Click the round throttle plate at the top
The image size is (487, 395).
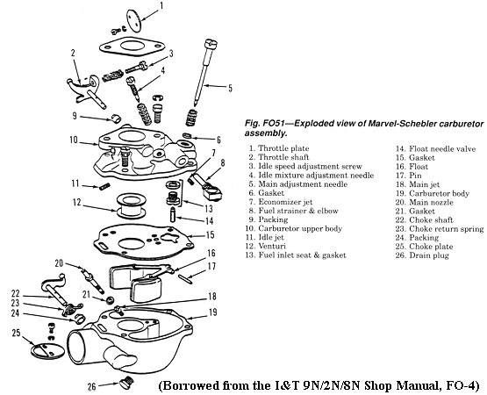point(134,20)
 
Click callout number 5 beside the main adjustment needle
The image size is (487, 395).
point(230,88)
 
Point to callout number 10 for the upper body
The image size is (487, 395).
point(74,140)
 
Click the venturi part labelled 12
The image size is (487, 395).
point(131,205)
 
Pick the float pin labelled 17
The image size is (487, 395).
point(186,278)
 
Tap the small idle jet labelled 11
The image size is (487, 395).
point(104,186)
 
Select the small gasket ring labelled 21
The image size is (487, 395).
point(110,300)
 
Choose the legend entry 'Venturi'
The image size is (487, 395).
point(272,246)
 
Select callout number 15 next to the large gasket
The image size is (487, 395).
point(210,234)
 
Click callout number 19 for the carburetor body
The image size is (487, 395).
point(212,312)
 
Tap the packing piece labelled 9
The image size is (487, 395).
point(115,118)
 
